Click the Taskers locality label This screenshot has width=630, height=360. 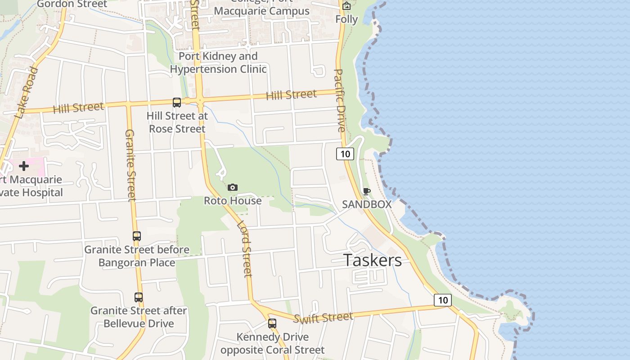click(x=373, y=260)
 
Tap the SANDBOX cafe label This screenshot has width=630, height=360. click(x=367, y=204)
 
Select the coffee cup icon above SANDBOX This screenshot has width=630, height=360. click(x=367, y=191)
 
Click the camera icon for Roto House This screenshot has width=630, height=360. click(x=233, y=187)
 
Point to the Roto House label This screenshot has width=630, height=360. click(x=233, y=201)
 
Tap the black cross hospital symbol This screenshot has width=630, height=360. click(x=24, y=166)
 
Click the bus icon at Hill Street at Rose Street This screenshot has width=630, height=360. click(x=177, y=103)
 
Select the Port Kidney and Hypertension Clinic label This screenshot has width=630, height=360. click(x=218, y=63)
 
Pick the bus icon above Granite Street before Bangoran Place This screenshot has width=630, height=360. click(x=137, y=236)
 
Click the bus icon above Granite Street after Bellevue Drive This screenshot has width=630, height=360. click(x=139, y=297)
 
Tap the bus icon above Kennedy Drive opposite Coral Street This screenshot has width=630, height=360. click(x=272, y=323)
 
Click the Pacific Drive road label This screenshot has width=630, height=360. click(x=339, y=100)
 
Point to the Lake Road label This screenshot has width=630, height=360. click(x=27, y=93)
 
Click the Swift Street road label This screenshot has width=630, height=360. click(x=323, y=318)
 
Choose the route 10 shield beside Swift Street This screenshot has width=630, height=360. click(x=443, y=300)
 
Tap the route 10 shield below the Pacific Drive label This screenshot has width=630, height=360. click(x=345, y=154)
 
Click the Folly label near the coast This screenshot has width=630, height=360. click(x=346, y=19)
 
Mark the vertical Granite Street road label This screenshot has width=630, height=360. click(x=130, y=165)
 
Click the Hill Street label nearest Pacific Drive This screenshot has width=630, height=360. click(x=291, y=95)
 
